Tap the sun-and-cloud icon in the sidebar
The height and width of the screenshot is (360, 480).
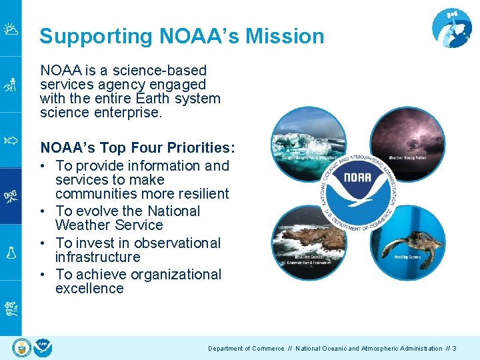10,29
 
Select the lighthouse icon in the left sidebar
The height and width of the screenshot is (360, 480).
10,85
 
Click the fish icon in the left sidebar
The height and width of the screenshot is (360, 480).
10,141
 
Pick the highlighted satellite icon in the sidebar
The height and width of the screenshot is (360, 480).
10,196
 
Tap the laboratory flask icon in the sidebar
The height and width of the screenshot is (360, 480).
10,252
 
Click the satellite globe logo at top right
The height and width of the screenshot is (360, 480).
451,28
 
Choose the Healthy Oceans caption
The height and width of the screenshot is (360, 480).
407,257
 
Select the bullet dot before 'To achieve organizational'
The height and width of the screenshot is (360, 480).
44,275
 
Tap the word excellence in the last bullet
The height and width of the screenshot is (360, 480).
89,289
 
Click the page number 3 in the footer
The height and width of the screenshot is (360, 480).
454,349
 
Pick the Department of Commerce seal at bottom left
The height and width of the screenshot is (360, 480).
22,348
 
